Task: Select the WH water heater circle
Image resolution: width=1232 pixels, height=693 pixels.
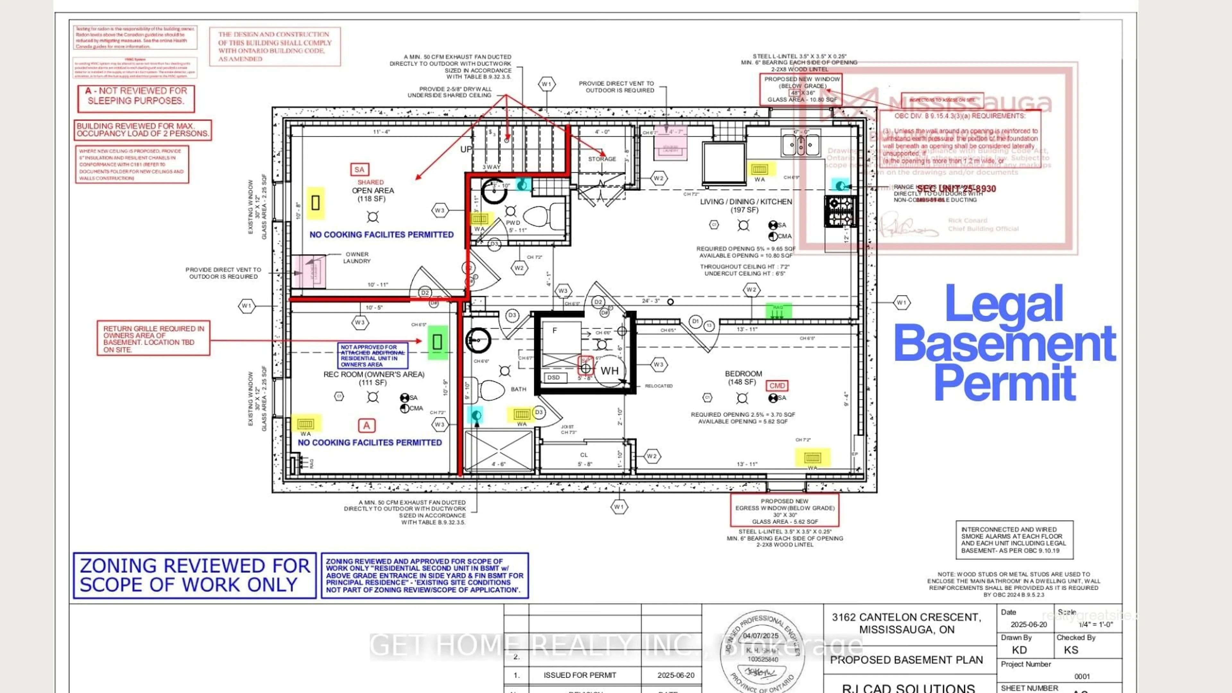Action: (609, 371)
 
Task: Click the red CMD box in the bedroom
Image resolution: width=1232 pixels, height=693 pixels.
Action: (777, 385)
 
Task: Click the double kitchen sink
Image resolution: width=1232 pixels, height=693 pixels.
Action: (800, 143)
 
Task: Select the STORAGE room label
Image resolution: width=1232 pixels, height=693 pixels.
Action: (602, 159)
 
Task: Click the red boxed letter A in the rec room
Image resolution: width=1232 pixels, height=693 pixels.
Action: (366, 425)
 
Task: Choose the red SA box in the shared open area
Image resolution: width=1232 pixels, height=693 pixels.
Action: (359, 169)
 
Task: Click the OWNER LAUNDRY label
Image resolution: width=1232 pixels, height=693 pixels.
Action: (357, 257)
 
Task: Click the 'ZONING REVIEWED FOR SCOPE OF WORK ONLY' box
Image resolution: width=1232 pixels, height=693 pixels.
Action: (195, 575)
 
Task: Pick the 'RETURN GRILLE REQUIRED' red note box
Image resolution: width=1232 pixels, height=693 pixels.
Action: (153, 338)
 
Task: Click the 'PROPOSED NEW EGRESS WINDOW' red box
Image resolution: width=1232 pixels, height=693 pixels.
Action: (784, 510)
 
